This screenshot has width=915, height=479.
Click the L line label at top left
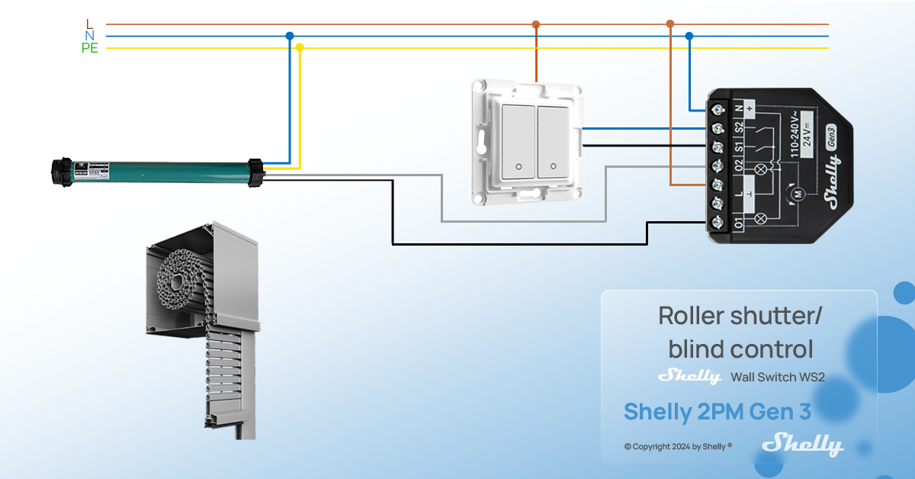90,24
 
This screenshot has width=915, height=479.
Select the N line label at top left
90,36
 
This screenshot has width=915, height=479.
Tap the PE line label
90,48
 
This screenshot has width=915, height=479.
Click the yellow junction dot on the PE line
300,47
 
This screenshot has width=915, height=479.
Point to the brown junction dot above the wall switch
536,24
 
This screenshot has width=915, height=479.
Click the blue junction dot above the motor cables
289,36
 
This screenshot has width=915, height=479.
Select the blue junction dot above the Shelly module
689,36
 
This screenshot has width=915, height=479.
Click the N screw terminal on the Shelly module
718,111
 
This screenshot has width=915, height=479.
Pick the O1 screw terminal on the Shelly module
718,223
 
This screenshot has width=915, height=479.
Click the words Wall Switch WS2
778,377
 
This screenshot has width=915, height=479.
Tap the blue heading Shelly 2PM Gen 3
717,412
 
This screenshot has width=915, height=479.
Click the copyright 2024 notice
678,447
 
